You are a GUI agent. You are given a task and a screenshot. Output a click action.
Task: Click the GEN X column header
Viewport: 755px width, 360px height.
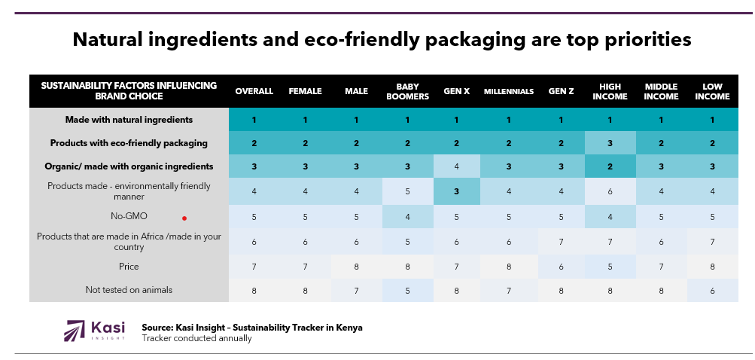pos(457,91)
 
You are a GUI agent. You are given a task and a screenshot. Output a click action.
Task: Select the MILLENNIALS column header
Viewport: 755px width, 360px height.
pos(508,91)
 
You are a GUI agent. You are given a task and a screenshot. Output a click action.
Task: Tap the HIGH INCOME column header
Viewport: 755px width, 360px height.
pos(610,91)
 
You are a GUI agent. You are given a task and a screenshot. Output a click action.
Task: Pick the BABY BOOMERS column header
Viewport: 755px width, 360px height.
pos(407,91)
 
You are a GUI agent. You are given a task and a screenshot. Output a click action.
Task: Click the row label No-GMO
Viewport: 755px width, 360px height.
pos(129,216)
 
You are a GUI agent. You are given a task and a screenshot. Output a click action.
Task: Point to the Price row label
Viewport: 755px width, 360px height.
pos(129,267)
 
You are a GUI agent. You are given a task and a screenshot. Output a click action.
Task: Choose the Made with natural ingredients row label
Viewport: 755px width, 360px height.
pos(129,120)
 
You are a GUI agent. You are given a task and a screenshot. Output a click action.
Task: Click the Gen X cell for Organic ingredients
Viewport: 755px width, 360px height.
pos(457,166)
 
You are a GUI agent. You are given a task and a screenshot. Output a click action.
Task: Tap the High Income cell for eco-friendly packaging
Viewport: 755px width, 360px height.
pos(610,143)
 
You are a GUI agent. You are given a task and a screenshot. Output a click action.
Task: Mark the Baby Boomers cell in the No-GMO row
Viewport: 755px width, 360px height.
pos(407,216)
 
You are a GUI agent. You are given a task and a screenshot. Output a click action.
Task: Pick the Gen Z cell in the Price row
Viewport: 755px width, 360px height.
pos(561,267)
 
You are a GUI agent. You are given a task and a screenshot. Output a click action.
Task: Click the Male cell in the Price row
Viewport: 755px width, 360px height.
pos(356,267)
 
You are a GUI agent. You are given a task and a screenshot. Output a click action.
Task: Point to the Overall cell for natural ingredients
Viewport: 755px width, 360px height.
pos(254,120)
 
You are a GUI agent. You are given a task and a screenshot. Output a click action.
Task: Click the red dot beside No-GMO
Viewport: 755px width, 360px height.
pos(184,218)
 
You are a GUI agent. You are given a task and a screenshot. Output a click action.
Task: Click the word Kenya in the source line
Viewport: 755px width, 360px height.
pos(347,328)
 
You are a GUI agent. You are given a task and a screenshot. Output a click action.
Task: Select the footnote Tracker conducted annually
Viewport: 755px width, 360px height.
pos(196,338)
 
